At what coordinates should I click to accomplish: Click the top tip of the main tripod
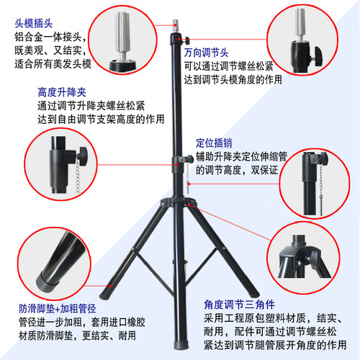(x=174, y=17)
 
